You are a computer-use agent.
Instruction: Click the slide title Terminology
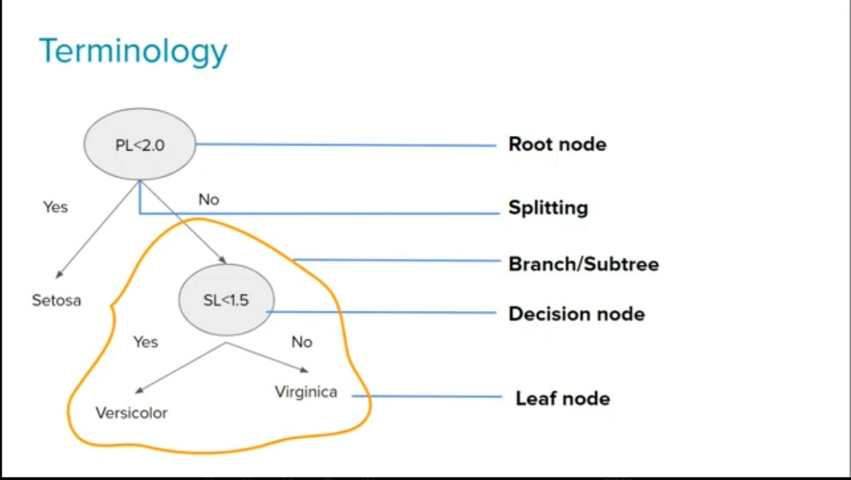133,52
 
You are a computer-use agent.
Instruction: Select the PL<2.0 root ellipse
140,145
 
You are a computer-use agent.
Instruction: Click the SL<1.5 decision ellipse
226,301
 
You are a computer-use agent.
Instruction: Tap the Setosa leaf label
57,301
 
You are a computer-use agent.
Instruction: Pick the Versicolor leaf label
132,413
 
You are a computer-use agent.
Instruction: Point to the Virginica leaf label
306,392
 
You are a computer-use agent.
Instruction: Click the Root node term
557,145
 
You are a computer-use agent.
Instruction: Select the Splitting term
548,208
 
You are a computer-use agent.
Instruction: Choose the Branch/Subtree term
584,264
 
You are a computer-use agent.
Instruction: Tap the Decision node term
577,314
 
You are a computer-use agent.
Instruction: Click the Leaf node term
562,398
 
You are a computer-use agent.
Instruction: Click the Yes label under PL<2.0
55,207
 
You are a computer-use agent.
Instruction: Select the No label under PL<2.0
208,200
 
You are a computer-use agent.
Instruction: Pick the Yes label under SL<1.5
145,342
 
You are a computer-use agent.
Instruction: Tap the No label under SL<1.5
301,342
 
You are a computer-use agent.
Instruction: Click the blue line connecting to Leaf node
433,397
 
